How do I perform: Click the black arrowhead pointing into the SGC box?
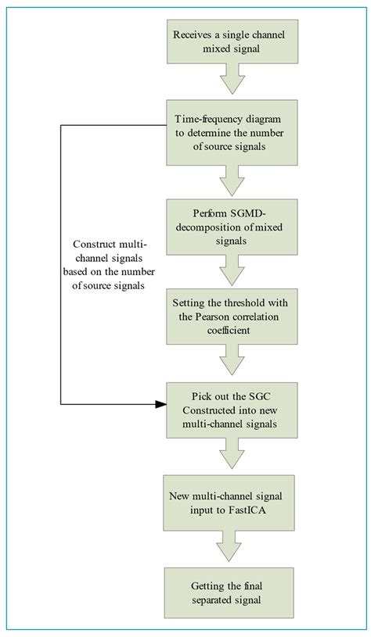[x=161, y=404]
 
